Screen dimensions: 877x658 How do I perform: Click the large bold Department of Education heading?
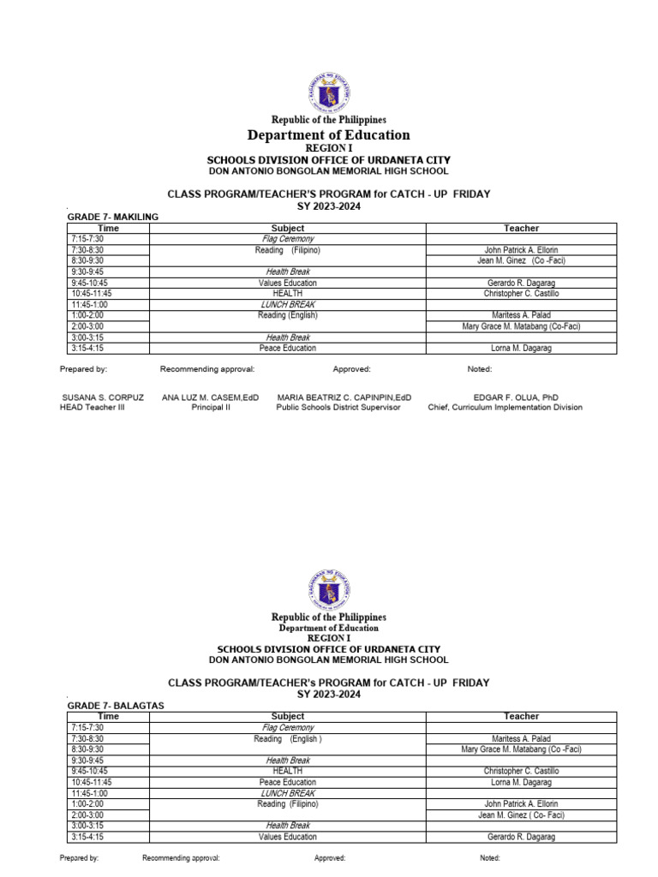pyautogui.click(x=329, y=135)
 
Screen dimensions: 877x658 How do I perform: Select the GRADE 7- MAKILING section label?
pyautogui.click(x=113, y=218)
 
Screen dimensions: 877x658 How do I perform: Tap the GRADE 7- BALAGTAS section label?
pyautogui.click(x=115, y=705)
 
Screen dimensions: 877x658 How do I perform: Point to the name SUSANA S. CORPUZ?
pyautogui.click(x=103, y=397)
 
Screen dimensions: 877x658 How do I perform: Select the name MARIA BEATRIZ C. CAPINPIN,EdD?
pyautogui.click(x=344, y=397)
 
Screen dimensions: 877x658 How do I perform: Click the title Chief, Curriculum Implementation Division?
pyautogui.click(x=505, y=408)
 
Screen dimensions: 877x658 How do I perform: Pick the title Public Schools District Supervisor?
pyautogui.click(x=338, y=408)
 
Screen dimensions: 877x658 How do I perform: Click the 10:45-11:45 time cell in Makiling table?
pyautogui.click(x=93, y=293)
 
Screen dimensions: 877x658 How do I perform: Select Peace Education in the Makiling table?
pyautogui.click(x=287, y=349)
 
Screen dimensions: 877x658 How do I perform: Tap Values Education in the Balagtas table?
pyautogui.click(x=287, y=837)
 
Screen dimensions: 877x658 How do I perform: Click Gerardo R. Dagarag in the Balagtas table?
pyautogui.click(x=521, y=837)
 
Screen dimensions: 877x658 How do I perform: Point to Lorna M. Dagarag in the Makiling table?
pyautogui.click(x=522, y=349)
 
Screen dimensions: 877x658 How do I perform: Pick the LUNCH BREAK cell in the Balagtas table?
pyautogui.click(x=287, y=793)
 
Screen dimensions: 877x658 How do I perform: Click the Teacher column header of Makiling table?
pyautogui.click(x=521, y=228)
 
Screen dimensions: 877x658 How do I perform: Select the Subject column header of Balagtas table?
pyautogui.click(x=287, y=716)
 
